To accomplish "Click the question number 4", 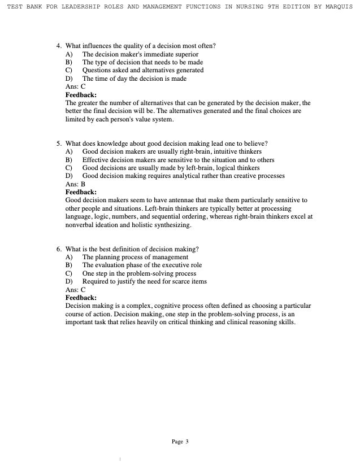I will [59, 46].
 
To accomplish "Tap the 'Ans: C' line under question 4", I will [76, 87].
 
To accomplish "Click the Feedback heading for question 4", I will [81, 95].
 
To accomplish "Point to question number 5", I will [59, 143].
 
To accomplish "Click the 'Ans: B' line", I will [76, 184].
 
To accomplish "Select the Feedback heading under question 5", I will [81, 192].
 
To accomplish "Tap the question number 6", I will [59, 249].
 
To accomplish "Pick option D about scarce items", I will [144, 281].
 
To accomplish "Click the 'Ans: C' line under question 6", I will [76, 290].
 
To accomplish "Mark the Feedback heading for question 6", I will [81, 298].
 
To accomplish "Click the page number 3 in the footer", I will [186, 442].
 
